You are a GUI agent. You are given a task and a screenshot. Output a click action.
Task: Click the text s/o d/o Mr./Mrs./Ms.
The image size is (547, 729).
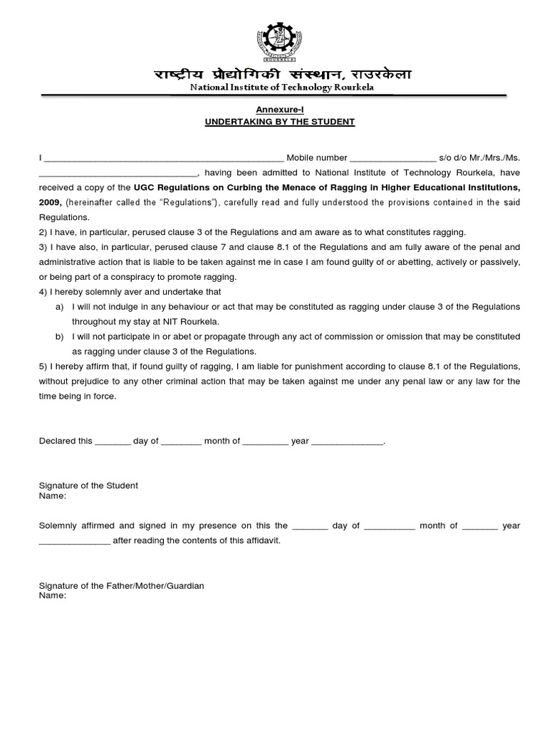coord(480,157)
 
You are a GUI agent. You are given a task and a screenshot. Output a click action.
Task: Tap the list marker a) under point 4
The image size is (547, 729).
coord(59,307)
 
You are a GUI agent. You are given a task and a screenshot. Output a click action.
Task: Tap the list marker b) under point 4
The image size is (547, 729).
coord(59,337)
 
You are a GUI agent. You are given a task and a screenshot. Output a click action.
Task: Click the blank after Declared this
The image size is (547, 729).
coord(113,441)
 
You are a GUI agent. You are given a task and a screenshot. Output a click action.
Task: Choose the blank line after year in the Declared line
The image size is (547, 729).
coord(348,441)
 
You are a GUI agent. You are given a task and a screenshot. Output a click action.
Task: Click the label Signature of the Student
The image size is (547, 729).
coord(88,486)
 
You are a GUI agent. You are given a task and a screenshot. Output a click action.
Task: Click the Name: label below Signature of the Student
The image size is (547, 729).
coord(52,495)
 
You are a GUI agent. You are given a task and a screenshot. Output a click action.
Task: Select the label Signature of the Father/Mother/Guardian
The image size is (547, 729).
coord(121,586)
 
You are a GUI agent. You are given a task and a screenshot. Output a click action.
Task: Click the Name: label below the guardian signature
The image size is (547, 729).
coord(52,596)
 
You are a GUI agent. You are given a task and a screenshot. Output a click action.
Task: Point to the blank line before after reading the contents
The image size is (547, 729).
coord(74,541)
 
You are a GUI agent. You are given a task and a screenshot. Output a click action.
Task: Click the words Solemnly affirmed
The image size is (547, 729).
coord(75,525)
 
